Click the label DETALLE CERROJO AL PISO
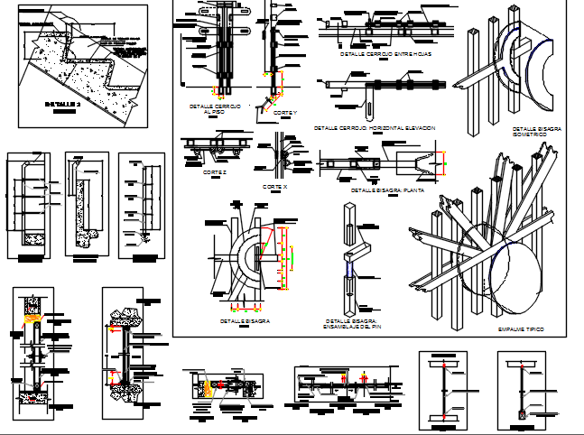click(215, 109)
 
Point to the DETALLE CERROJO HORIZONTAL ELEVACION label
click(375, 128)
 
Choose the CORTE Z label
click(214, 171)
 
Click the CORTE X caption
click(275, 186)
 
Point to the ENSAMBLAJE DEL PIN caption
click(351, 326)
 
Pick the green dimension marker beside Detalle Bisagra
click(292, 256)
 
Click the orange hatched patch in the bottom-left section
click(34, 318)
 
